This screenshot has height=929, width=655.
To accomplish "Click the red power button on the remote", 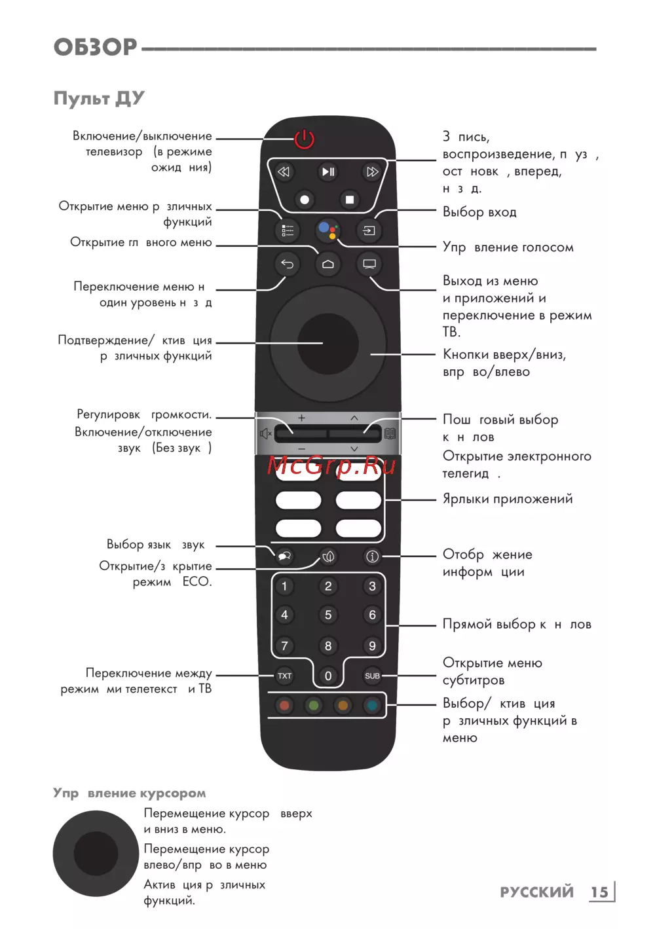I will click(305, 139).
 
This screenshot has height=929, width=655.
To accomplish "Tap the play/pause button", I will click(328, 172).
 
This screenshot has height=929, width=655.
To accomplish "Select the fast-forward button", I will click(372, 172).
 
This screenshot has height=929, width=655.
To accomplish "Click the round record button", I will click(305, 200).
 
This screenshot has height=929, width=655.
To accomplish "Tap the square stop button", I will click(350, 200).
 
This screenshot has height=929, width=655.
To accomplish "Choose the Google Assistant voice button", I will click(328, 230).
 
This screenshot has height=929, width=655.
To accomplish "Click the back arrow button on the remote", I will click(287, 264).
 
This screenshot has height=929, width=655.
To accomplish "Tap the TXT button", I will click(284, 676).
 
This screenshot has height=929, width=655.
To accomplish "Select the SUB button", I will click(372, 676).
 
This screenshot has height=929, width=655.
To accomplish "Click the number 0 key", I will click(328, 676).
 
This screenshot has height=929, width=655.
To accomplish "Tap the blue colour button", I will click(372, 706).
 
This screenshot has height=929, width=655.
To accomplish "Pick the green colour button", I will click(314, 706).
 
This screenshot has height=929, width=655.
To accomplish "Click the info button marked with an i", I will click(372, 556).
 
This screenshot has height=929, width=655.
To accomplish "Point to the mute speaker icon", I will click(265, 433).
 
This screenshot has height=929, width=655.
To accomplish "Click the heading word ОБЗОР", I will click(96, 47).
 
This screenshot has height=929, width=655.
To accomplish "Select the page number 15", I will click(599, 892).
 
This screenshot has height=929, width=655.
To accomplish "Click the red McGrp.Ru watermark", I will click(331, 465).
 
